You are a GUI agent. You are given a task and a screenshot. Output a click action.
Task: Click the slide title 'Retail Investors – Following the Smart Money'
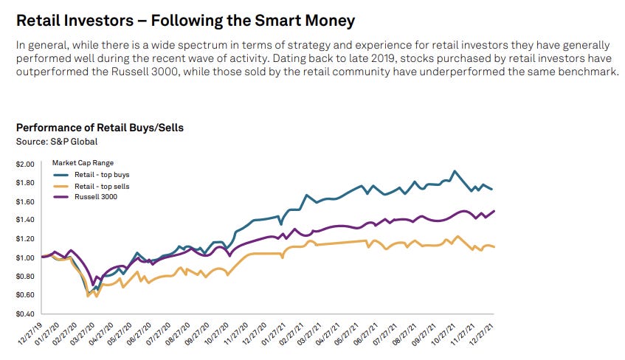coord(185,20)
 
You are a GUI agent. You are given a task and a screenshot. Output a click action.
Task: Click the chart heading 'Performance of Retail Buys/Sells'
coord(100,128)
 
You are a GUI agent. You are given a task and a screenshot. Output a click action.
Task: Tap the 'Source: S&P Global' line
coord(57,141)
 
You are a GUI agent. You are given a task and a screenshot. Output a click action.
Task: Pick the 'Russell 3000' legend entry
coord(93,197)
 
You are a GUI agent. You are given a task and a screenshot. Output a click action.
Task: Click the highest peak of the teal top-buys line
coord(455,171)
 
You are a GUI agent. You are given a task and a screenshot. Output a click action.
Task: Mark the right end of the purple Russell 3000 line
coord(494,210)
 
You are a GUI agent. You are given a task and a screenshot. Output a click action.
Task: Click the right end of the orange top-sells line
coord(494,246)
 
